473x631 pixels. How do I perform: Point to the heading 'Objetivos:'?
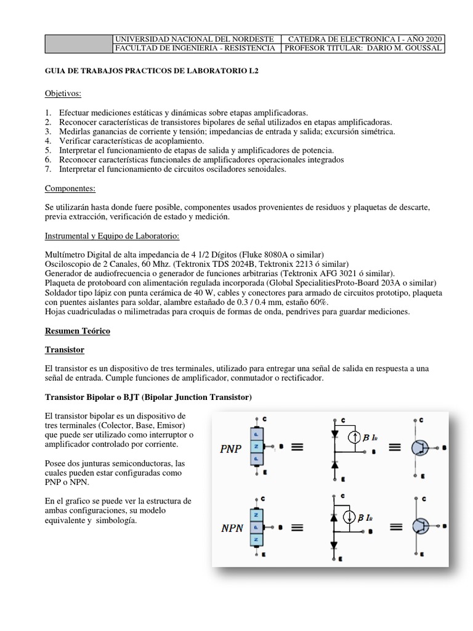tap(63, 93)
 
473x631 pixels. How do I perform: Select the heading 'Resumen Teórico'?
tap(78, 331)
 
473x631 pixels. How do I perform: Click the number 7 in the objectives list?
tap(48, 169)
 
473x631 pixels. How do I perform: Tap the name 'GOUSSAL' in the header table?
tap(421, 48)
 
